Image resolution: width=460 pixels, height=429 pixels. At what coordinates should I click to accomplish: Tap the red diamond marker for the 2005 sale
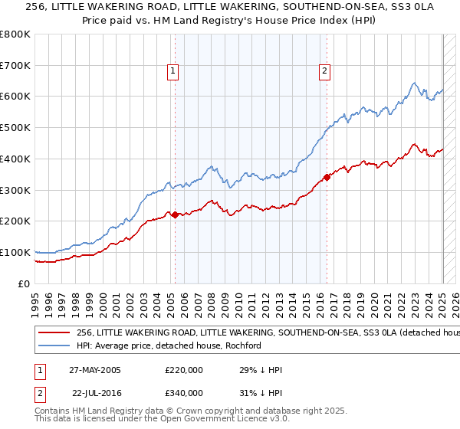pyautogui.click(x=175, y=215)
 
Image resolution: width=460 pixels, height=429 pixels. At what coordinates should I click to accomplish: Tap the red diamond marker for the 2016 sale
pyautogui.click(x=327, y=177)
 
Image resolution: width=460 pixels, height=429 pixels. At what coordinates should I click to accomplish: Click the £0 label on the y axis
pyautogui.click(x=23, y=283)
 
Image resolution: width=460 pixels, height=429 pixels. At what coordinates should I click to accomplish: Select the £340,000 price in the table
pyautogui.click(x=183, y=393)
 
